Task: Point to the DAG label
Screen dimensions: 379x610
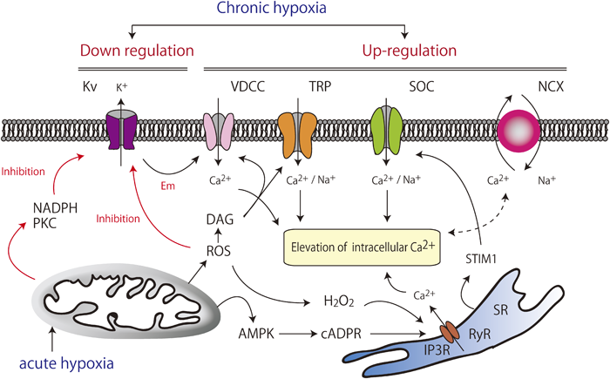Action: [220, 224]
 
